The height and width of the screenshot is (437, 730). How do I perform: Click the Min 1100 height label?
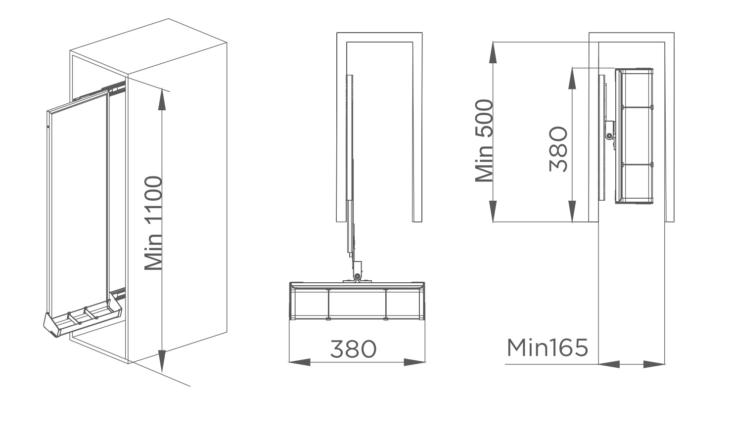coord(153,223)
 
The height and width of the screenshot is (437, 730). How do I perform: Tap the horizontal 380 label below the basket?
coord(353,349)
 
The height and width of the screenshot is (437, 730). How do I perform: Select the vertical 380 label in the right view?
coord(558,149)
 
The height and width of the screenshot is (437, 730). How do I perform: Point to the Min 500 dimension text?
coord(484,141)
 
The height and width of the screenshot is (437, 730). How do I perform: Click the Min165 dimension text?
coord(547,348)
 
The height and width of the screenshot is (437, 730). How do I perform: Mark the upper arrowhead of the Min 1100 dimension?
coord(162,99)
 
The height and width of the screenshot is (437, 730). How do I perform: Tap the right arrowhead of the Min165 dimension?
coord(655,364)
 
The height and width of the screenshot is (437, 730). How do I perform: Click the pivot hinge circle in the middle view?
coord(357,275)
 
